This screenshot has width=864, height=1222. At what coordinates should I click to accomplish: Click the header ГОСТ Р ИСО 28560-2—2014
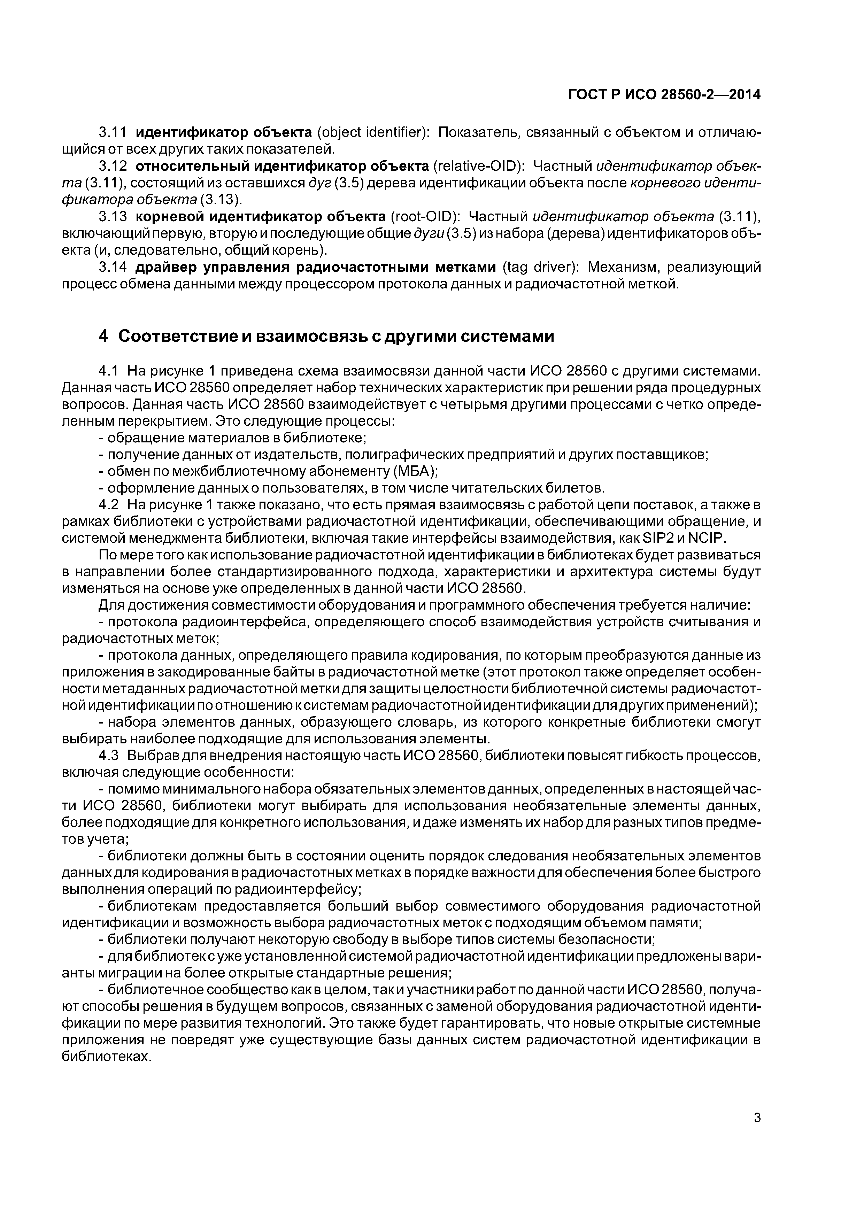[664, 95]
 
